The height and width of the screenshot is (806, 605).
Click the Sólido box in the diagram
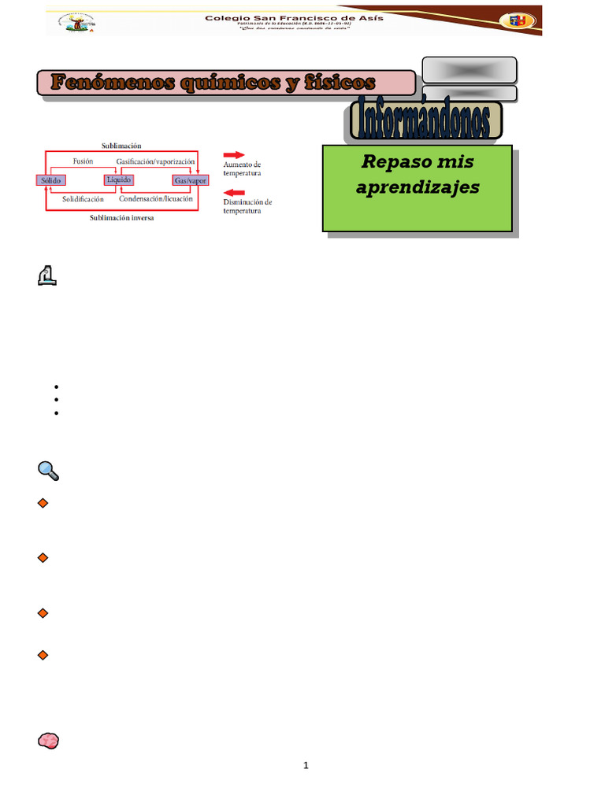pos(51,180)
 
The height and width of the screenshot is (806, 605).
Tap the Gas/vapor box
pos(190,180)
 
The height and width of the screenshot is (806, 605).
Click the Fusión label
pos(83,161)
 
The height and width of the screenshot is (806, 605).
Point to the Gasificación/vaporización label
pos(155,161)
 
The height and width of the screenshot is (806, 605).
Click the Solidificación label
pos(83,199)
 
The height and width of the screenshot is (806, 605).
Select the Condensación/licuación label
pos(156,199)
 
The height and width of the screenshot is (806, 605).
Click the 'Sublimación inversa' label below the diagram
pos(121,218)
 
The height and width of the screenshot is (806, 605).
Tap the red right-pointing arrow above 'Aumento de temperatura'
pos(235,155)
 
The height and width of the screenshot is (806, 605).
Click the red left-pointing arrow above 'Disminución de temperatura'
pos(235,192)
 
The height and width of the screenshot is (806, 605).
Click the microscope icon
pos(48,275)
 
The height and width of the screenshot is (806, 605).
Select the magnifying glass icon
pos(48,471)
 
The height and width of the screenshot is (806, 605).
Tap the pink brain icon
pos(48,741)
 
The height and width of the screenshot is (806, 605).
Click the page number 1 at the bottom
pos(306,765)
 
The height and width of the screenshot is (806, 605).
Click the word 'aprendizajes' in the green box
pos(418,188)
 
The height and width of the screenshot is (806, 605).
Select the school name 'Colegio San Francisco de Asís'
pos(295,17)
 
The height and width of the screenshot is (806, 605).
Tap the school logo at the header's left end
pos(79,22)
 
